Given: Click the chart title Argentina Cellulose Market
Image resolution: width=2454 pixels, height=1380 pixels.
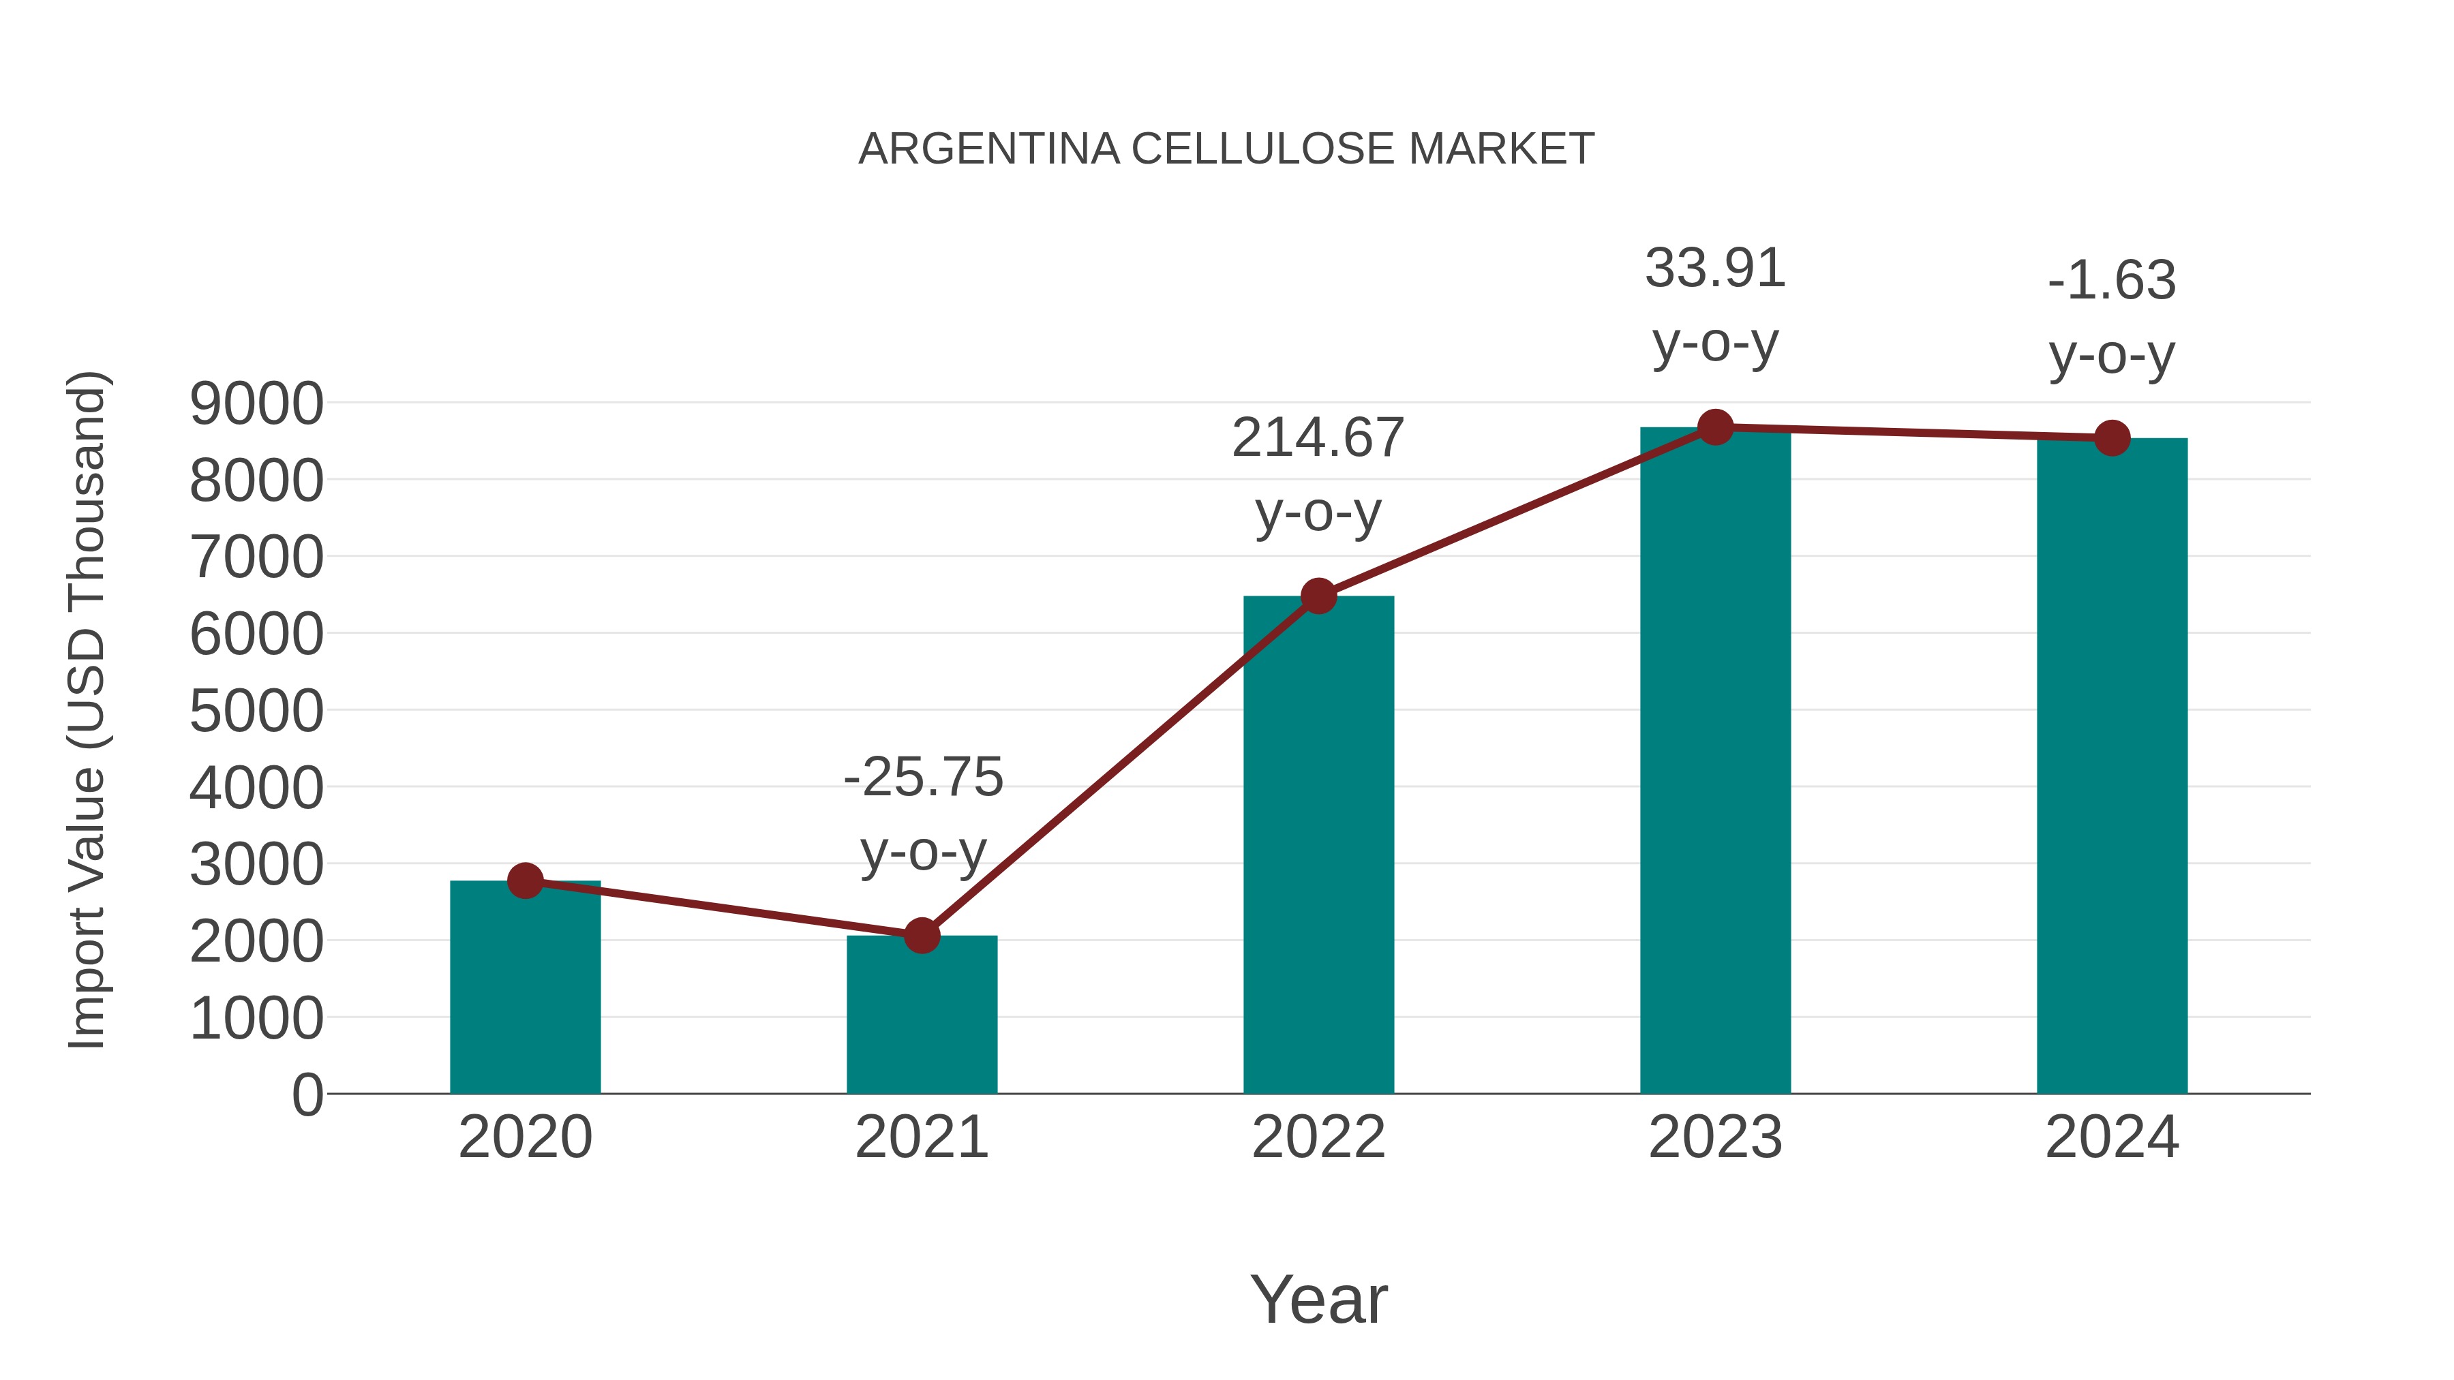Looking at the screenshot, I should point(1226,149).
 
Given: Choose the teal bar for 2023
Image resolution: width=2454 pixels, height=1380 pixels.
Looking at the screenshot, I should point(1715,762).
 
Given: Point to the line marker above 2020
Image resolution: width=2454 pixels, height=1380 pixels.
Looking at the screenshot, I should point(525,881).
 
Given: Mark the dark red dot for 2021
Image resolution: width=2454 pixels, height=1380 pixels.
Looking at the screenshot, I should point(921,936).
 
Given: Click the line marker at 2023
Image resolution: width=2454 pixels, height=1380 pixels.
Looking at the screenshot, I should point(1715,427).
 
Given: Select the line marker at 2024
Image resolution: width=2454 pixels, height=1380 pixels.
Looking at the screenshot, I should point(2112,438).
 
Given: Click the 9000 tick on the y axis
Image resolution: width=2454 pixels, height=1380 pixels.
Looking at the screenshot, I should point(256,404).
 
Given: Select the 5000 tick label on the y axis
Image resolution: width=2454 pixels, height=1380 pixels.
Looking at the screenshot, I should point(256,711).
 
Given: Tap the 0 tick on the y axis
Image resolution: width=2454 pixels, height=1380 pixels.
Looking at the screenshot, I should point(307,1095).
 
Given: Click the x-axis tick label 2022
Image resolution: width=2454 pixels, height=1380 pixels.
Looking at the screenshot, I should point(1318,1137).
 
